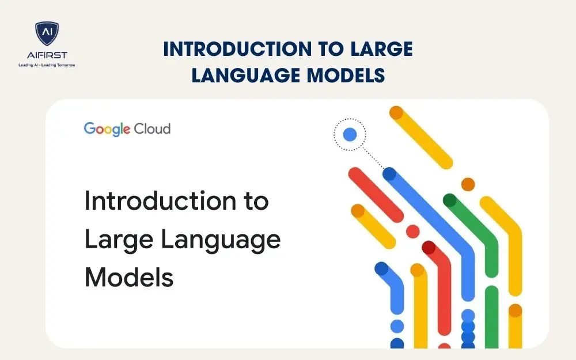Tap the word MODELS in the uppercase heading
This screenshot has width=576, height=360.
(x=350, y=75)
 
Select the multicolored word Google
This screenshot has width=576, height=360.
(x=107, y=128)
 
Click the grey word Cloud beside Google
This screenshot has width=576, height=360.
(x=152, y=128)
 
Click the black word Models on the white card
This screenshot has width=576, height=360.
(x=129, y=277)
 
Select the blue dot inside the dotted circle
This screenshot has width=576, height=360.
(x=350, y=135)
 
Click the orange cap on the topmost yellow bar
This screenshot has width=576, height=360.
(x=396, y=113)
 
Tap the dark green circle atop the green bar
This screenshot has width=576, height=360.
(x=450, y=200)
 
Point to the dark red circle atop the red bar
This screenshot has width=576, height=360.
(x=429, y=248)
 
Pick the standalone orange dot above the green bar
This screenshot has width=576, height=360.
(x=468, y=184)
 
